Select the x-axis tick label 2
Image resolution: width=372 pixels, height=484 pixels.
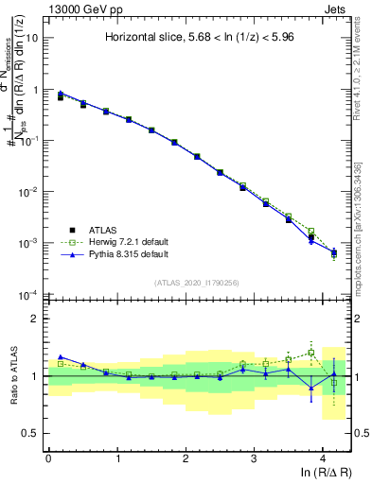[186, 458]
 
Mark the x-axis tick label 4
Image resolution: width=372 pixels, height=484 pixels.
[323, 458]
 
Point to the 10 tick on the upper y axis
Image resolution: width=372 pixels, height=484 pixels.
[31, 39]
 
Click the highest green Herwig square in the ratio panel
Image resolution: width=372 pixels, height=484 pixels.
[311, 353]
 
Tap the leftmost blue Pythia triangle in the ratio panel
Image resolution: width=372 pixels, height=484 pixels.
[61, 356]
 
